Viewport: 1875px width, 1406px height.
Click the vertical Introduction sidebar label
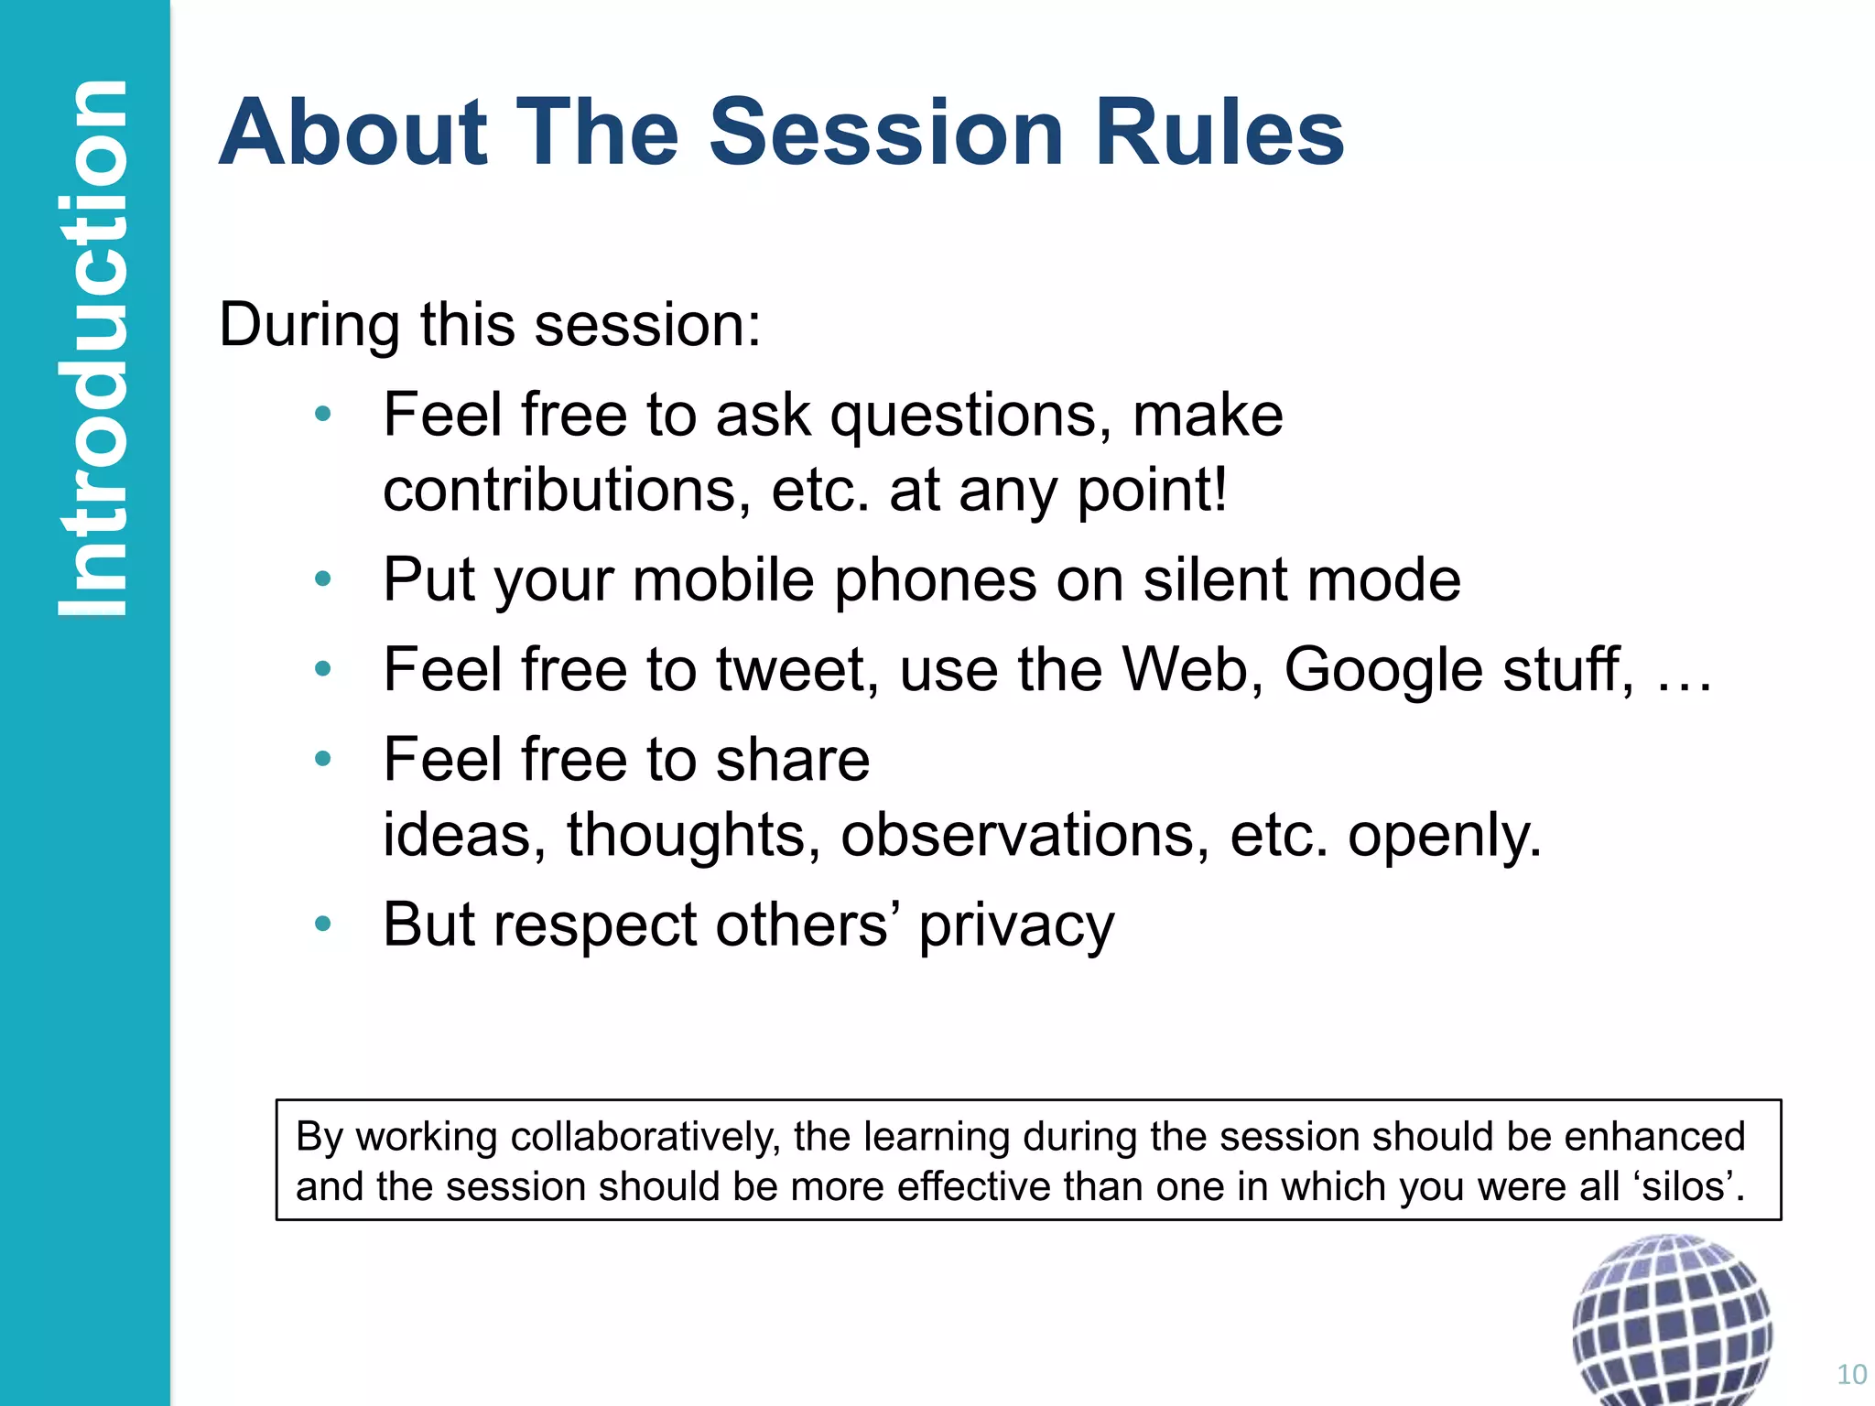92,348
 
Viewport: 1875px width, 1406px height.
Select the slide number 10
1851,1374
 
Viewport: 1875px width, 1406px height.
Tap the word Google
1383,671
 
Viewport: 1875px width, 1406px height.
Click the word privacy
1016,925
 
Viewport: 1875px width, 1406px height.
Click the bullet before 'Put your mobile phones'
322,579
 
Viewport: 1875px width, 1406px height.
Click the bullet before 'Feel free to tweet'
322,669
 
